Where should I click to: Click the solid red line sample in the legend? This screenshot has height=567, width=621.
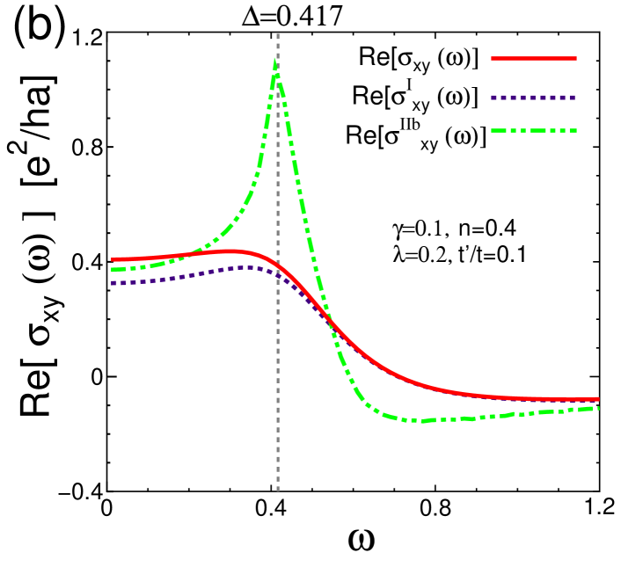tap(533, 59)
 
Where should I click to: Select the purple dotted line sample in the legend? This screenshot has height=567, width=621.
tap(533, 98)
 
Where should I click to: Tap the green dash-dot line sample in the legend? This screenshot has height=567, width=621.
tap(533, 131)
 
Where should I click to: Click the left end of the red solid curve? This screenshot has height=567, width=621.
tap(113, 259)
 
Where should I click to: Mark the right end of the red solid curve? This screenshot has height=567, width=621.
tap(598, 399)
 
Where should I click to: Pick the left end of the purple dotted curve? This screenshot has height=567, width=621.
tap(113, 283)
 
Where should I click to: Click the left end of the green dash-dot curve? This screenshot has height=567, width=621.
tap(113, 270)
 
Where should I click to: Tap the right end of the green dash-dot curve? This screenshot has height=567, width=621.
tap(598, 408)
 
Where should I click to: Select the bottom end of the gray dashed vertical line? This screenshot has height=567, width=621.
tap(278, 490)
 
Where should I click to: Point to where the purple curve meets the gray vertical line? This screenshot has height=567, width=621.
tap(278, 275)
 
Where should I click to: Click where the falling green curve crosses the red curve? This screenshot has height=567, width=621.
tap(328, 318)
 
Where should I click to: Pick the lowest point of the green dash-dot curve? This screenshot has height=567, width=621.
tap(422, 421)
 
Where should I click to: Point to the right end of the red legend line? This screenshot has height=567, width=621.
tap(576, 59)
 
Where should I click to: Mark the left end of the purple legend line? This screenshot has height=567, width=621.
tap(492, 98)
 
